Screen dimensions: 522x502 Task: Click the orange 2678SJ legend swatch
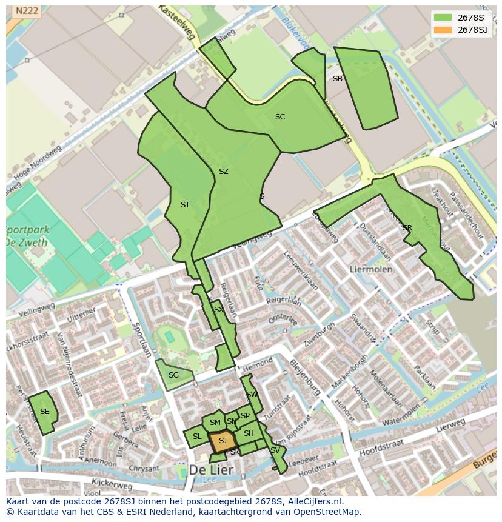tap(443, 30)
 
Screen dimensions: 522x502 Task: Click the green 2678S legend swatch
tap(443, 17)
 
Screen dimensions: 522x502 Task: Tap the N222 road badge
tap(26, 11)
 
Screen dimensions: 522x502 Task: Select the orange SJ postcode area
tap(223, 441)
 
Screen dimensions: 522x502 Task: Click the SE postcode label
tap(44, 411)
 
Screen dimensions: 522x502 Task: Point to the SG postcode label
tap(173, 375)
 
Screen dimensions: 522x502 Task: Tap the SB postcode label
tap(338, 79)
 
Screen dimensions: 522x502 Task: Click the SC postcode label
tap(279, 117)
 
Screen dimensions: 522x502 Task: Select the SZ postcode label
tap(223, 172)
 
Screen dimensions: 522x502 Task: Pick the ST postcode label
tap(185, 205)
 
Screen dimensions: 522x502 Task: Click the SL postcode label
tap(197, 437)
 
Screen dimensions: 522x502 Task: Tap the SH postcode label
tap(249, 433)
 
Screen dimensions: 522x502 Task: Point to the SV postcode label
tap(275, 450)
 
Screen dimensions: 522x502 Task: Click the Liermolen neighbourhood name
tap(371, 269)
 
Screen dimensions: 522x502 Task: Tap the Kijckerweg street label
tap(112, 486)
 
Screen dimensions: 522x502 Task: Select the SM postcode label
tap(215, 423)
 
